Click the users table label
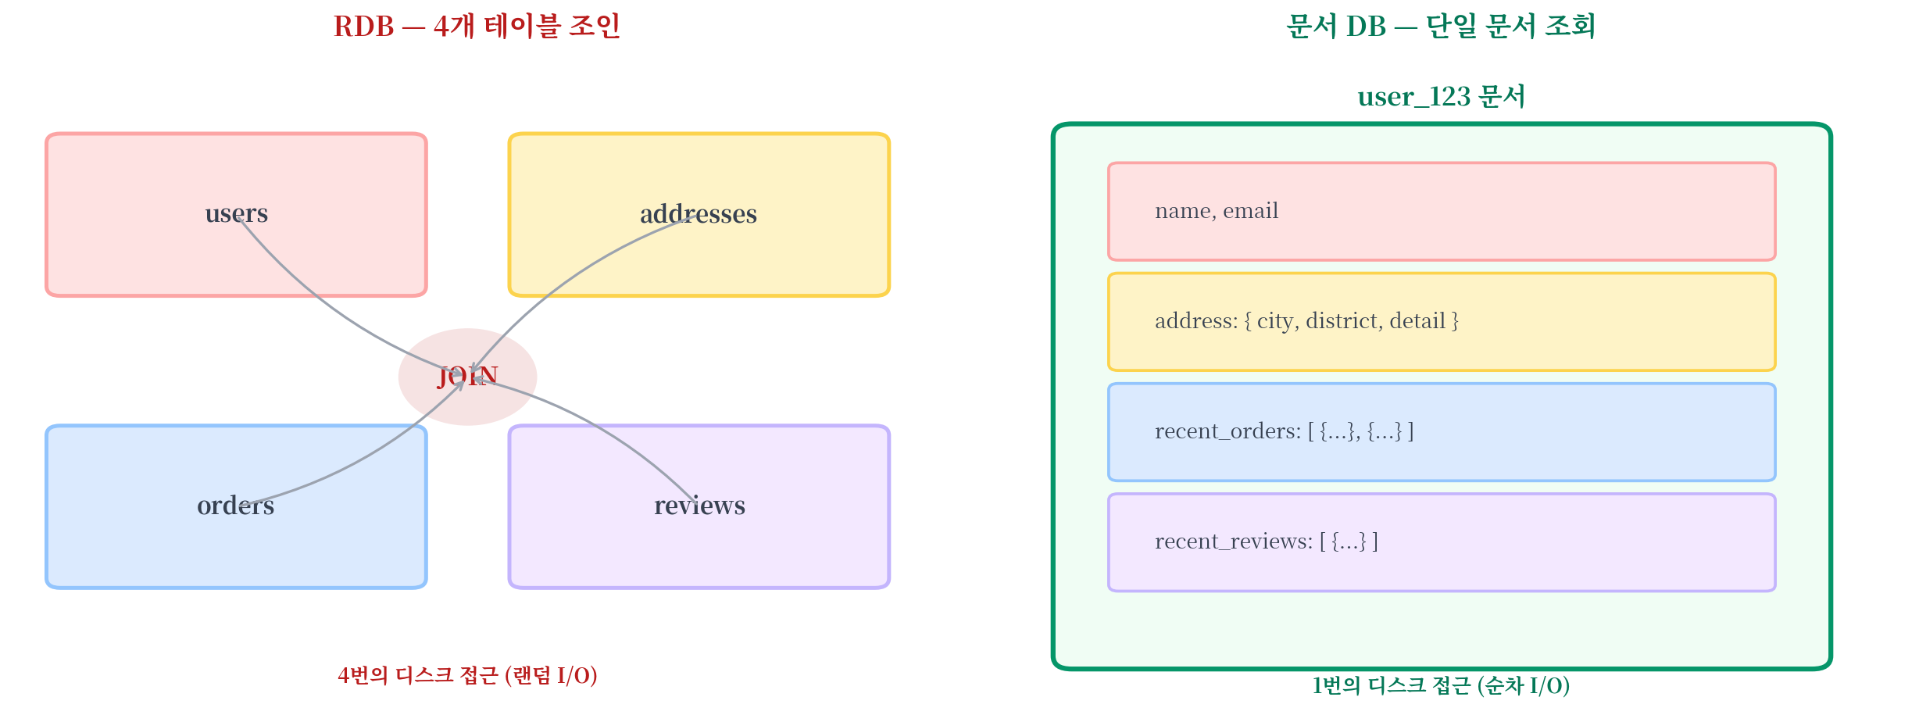click(237, 213)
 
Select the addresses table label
click(699, 213)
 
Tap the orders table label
click(235, 506)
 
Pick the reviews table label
click(699, 506)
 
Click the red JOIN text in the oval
click(467, 377)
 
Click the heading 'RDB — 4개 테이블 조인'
click(477, 27)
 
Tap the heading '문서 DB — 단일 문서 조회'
click(1441, 27)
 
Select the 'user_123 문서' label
click(1441, 96)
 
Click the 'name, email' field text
click(1217, 211)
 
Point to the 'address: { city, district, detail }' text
click(1306, 321)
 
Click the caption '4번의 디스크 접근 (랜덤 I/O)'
click(467, 675)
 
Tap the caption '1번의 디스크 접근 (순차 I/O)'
click(1441, 685)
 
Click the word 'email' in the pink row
click(1250, 211)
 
